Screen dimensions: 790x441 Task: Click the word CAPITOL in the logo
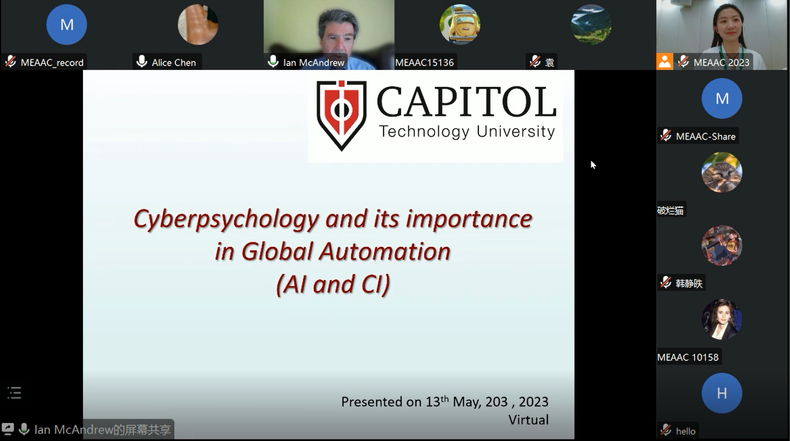tap(466, 102)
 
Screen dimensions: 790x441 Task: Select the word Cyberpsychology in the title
tap(226, 220)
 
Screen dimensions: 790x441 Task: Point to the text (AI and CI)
tap(333, 285)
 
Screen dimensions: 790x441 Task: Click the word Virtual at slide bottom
tap(528, 420)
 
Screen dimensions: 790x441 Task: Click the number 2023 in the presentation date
tap(534, 402)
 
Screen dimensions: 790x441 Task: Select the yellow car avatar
tap(460, 24)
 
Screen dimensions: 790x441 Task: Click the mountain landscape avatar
tap(591, 24)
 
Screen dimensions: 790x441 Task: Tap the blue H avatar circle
tap(722, 393)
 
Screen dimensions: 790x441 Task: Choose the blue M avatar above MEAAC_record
tap(67, 24)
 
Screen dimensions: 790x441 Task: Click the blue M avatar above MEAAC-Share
tap(722, 98)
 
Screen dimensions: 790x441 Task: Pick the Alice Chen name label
tap(174, 63)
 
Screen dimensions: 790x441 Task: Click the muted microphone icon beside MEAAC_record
tap(11, 62)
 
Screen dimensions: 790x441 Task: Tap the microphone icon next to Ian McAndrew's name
tap(273, 62)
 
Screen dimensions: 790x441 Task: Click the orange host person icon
tap(665, 62)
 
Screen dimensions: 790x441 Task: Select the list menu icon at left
tap(14, 392)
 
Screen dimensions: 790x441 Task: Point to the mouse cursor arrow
tap(593, 165)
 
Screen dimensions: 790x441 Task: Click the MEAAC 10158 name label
tap(688, 357)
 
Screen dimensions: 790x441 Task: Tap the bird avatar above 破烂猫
tap(722, 172)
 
